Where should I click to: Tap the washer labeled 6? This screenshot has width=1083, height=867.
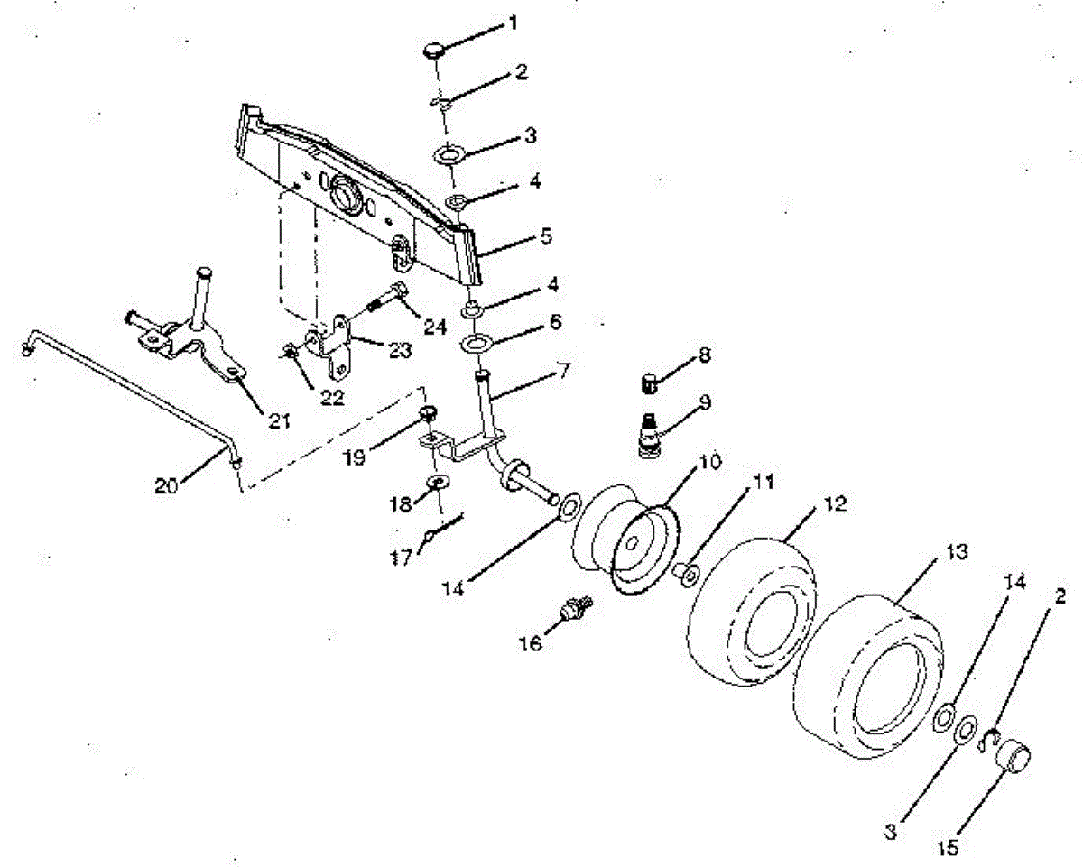[x=477, y=344]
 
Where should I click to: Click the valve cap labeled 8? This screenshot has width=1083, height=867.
[x=652, y=384]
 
